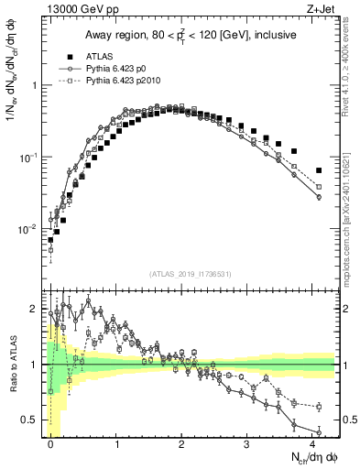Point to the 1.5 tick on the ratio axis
(32, 336)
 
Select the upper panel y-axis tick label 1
(35, 85)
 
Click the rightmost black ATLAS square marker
(318, 170)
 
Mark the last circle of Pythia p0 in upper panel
(318, 197)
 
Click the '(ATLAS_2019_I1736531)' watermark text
(190, 273)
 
